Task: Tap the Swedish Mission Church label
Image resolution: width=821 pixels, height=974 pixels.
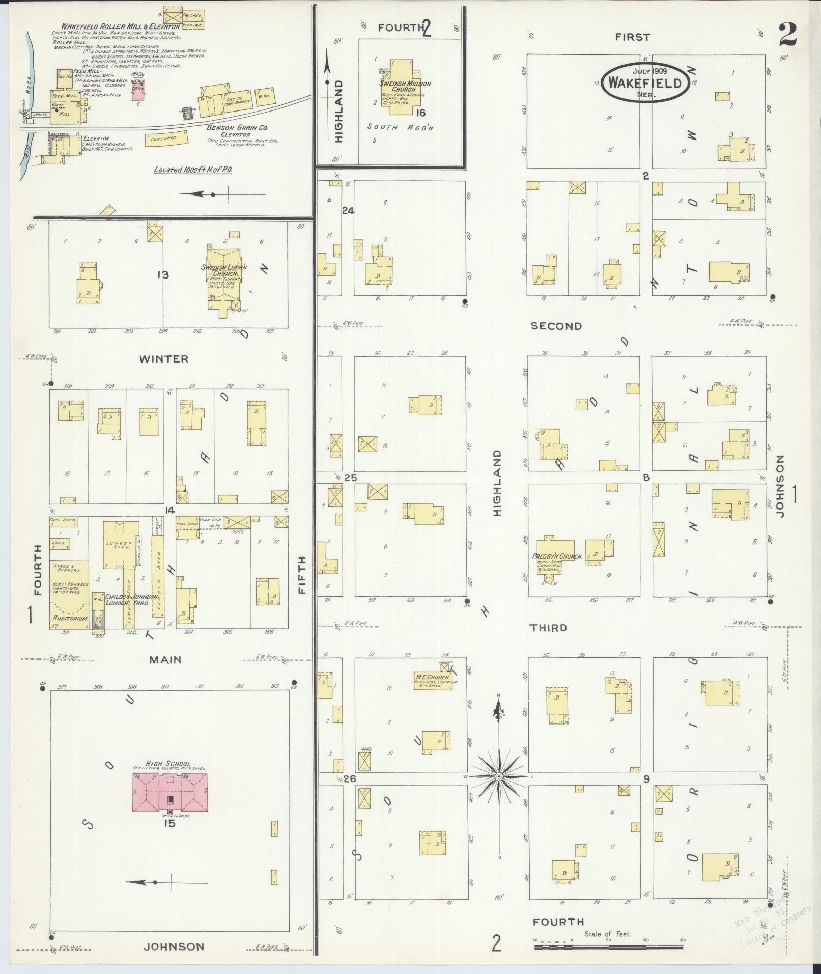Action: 405,86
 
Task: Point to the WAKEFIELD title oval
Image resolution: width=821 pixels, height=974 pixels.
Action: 645,82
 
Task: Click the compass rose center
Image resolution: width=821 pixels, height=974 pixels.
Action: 499,790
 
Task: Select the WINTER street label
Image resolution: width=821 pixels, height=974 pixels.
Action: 164,359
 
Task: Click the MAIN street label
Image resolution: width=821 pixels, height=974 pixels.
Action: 165,660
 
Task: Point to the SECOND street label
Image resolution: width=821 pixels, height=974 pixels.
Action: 556,326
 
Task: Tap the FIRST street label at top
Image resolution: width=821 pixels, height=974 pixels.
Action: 632,37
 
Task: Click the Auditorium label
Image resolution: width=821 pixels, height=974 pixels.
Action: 69,618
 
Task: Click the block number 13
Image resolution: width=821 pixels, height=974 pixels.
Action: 163,275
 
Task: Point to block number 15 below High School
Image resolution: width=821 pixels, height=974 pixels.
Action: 169,823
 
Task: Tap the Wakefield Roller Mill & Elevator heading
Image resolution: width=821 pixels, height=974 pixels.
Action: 120,26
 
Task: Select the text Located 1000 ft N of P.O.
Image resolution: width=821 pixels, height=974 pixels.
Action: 192,169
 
